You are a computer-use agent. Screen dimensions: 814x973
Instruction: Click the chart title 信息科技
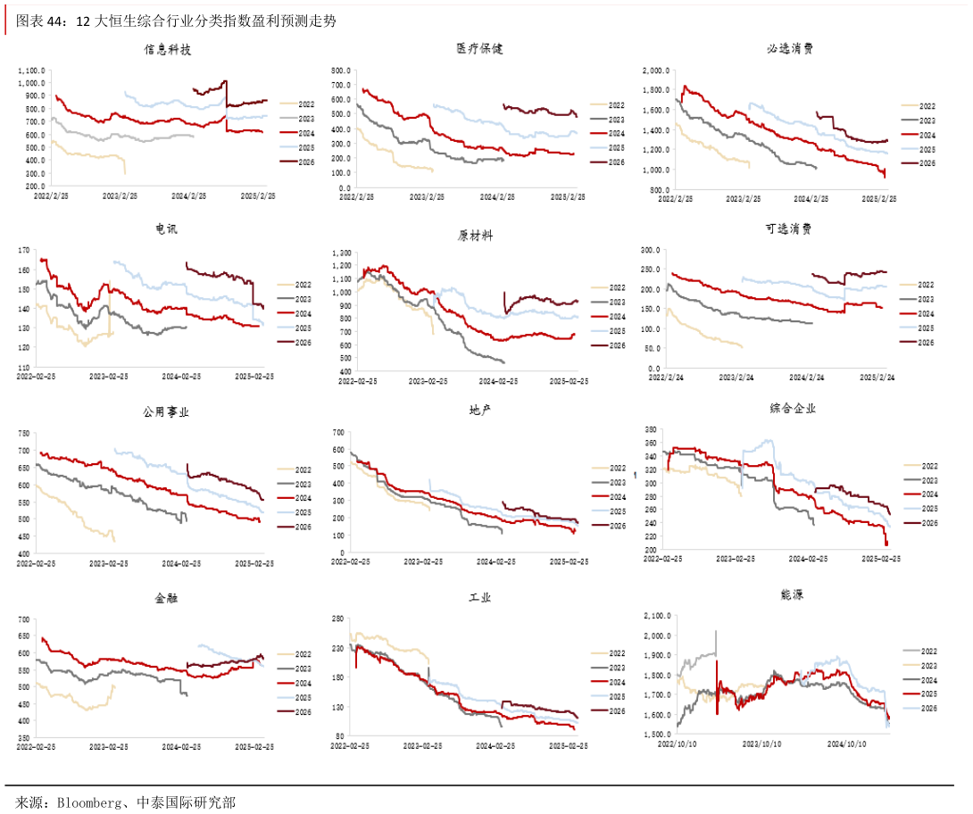pos(167,50)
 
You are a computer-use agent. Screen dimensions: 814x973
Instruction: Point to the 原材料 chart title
pos(475,236)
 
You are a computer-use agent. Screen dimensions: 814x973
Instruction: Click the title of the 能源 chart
pos(791,594)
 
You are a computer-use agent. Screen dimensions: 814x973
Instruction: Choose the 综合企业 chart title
pos(793,409)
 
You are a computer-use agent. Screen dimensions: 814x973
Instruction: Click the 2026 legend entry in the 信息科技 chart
pos(304,162)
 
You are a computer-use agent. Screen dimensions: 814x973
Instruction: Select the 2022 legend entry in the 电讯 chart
pos(302,286)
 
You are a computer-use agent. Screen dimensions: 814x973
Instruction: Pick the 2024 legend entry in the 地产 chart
pos(617,497)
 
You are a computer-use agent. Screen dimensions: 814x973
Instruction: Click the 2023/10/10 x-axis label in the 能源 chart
pos(763,743)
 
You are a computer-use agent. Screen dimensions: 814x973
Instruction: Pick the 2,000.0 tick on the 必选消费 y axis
pos(657,71)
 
